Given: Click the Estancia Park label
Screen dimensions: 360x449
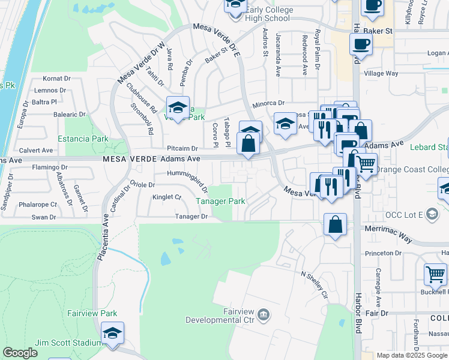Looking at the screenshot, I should pyautogui.click(x=83, y=139).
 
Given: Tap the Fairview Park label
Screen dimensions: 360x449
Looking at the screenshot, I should pyautogui.click(x=92, y=313).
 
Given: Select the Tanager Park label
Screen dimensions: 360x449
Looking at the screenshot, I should pyautogui.click(x=220, y=202).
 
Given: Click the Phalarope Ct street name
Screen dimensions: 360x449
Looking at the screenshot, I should pyautogui.click(x=37, y=204).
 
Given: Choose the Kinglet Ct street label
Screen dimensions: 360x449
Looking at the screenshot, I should pyautogui.click(x=166, y=197).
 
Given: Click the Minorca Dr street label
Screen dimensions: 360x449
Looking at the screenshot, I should pyautogui.click(x=268, y=103).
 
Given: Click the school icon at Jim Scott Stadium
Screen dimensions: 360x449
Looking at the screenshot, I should pyautogui.click(x=112, y=334).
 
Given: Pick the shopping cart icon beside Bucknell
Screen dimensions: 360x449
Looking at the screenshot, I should pyautogui.click(x=435, y=275).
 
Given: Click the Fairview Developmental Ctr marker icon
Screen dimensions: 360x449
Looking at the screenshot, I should pyautogui.click(x=264, y=314).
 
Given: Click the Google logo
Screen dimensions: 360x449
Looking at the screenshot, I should pyautogui.click(x=20, y=353).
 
